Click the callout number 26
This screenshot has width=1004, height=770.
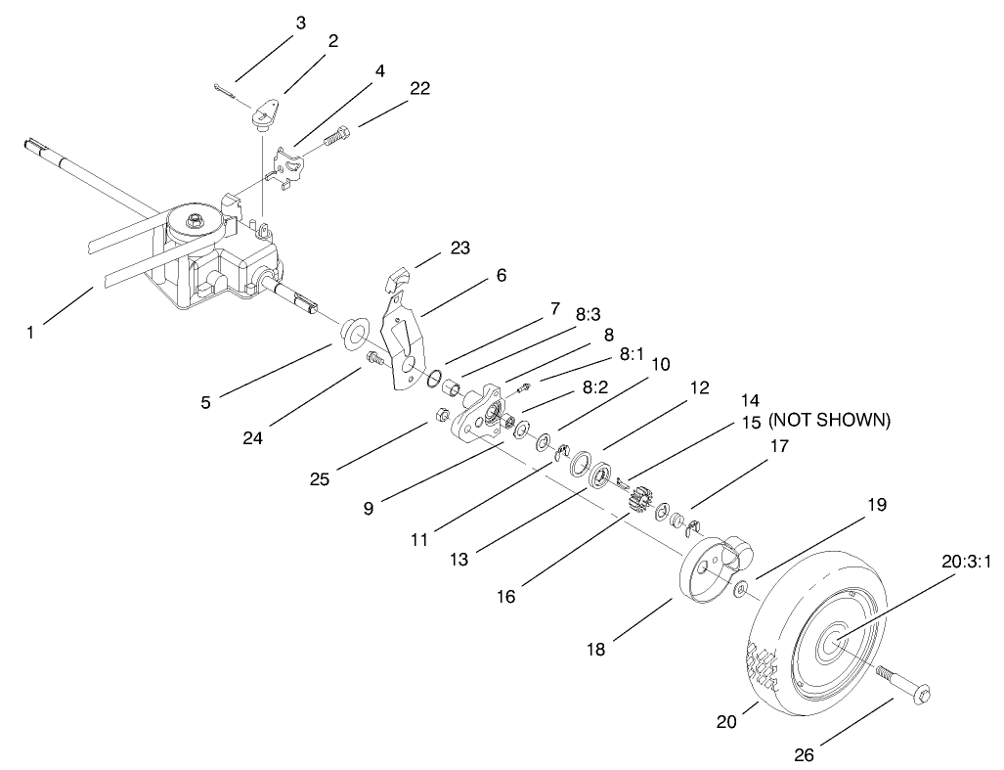[804, 754]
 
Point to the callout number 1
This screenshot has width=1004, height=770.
[30, 333]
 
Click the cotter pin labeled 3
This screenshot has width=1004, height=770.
[223, 92]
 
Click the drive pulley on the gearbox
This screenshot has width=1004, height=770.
[196, 223]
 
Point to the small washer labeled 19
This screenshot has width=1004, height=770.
[741, 589]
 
